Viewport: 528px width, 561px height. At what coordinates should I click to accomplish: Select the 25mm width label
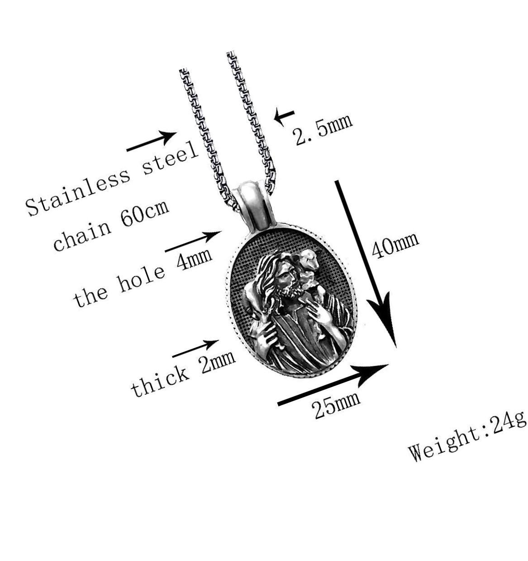[336, 405]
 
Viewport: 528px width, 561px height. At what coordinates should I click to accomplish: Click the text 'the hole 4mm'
[143, 278]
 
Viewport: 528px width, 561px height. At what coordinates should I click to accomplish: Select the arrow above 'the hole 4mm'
[193, 241]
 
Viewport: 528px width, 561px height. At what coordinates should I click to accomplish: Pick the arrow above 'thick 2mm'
[195, 349]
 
